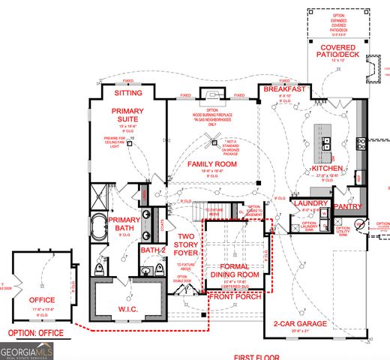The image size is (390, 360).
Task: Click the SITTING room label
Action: click(127, 94)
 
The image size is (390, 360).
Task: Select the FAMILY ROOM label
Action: click(212, 163)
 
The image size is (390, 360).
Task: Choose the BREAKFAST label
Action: click(283, 89)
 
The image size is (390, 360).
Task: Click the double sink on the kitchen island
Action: click(328, 142)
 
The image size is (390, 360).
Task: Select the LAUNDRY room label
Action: click(311, 203)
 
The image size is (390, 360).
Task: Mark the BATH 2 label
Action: click(152, 250)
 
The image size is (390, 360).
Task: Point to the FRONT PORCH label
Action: click(235, 297)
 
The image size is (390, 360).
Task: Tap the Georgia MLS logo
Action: click(26, 349)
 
